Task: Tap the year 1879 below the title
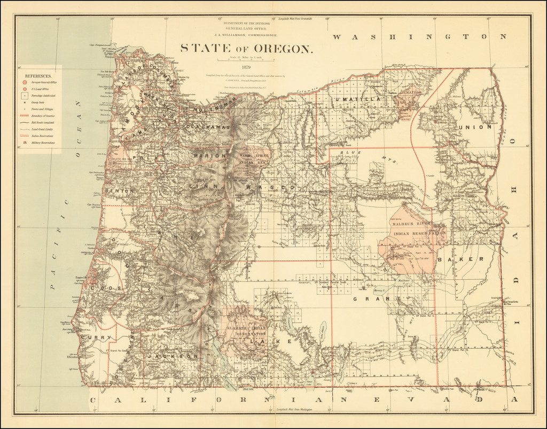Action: pos(246,67)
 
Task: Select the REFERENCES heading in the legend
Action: pos(37,77)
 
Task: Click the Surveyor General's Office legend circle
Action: pos(25,83)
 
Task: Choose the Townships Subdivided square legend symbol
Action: pos(25,94)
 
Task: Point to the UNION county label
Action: pos(474,127)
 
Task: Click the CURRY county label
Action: pos(97,338)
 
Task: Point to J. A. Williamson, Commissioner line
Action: pos(246,35)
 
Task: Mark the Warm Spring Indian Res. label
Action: pos(251,158)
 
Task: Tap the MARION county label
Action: pos(206,156)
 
